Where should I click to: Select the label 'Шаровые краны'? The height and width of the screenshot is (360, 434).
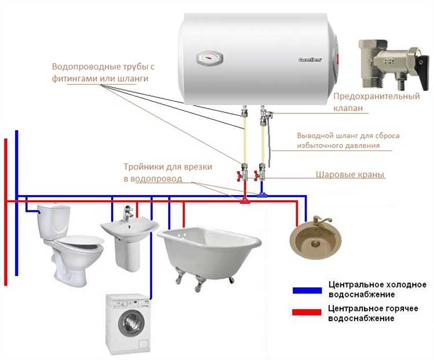(x=351, y=174)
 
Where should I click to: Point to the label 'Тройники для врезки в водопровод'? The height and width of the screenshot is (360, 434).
(x=167, y=172)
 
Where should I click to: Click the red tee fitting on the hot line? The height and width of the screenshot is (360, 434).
(x=245, y=201)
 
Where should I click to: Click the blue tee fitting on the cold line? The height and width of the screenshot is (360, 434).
(x=263, y=195)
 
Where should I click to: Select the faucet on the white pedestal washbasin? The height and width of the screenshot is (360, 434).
(x=125, y=216)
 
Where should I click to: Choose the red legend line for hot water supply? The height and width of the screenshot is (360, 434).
(x=307, y=313)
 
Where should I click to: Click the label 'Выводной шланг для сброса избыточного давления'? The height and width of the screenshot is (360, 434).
(x=348, y=141)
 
